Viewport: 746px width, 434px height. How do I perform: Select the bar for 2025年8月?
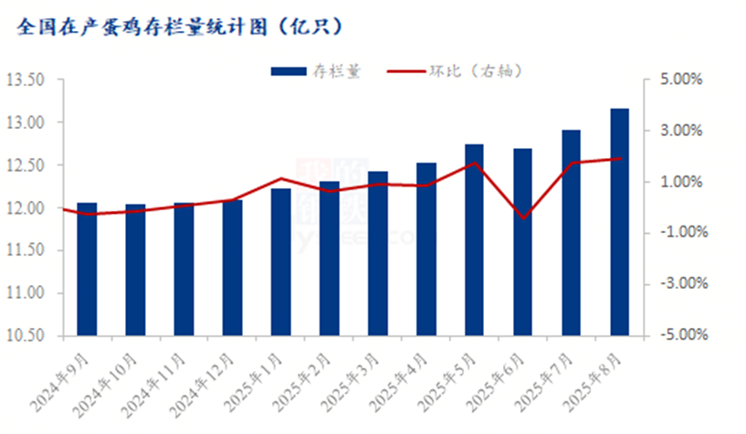coord(619,223)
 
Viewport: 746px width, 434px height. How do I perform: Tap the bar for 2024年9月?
coord(87,270)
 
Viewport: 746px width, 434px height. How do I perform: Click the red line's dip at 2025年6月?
coord(522,217)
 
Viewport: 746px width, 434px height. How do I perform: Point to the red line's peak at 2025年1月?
coord(280,179)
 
